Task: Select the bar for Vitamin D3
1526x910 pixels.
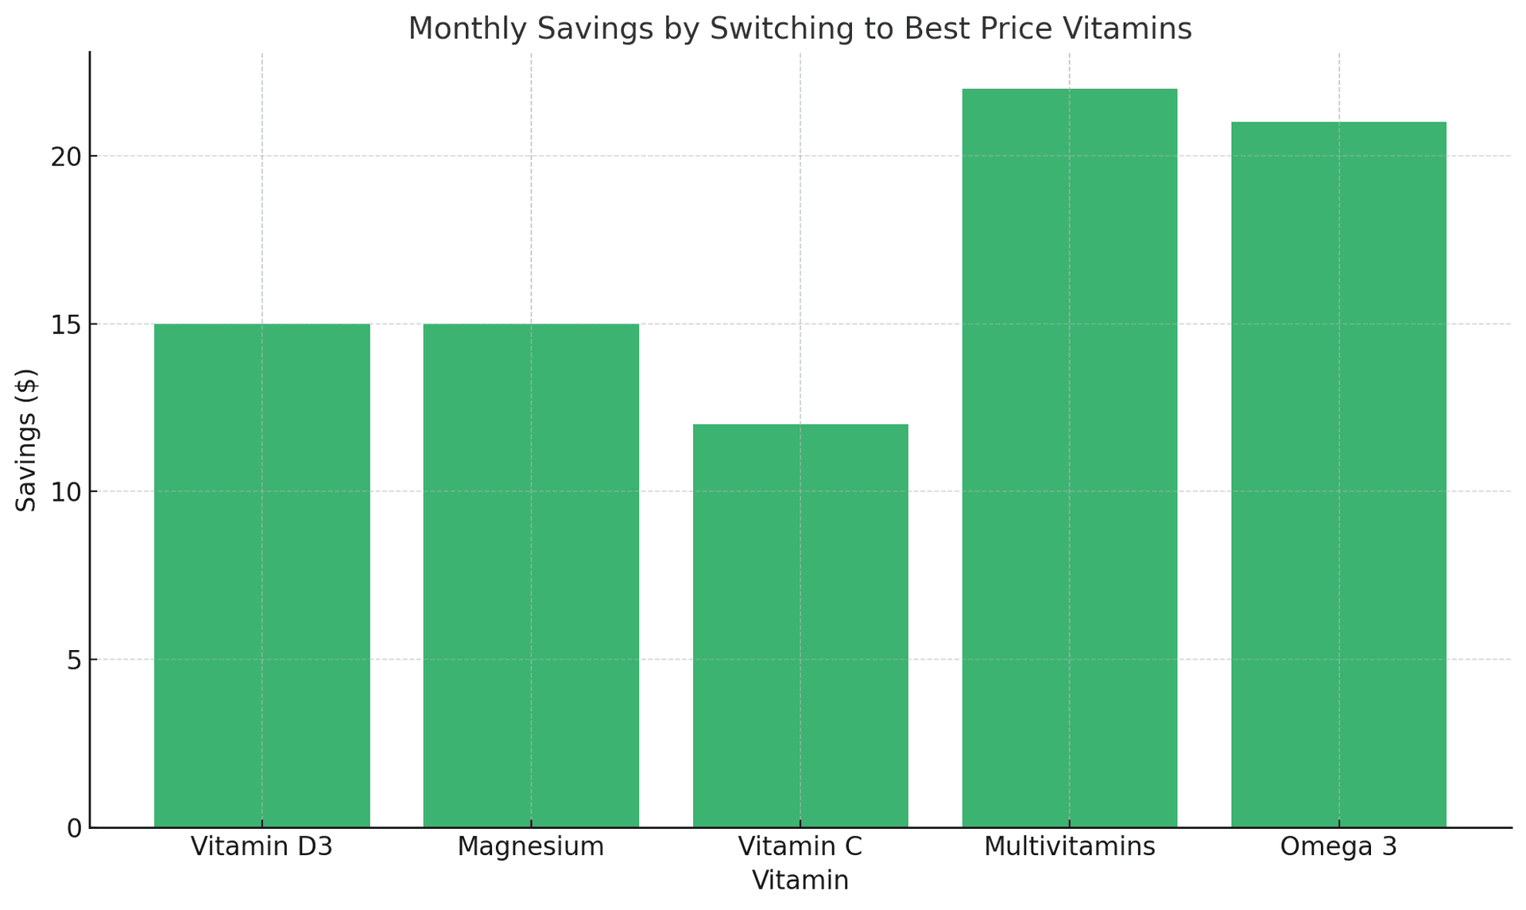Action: point(261,575)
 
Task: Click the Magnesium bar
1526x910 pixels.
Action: point(531,575)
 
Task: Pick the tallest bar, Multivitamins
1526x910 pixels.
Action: point(1069,458)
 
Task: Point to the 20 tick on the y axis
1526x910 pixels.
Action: point(67,157)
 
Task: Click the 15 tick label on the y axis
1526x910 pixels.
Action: point(67,324)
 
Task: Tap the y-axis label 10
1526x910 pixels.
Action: point(67,492)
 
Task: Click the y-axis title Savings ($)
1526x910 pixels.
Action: point(27,440)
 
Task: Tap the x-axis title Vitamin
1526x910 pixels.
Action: point(800,881)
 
